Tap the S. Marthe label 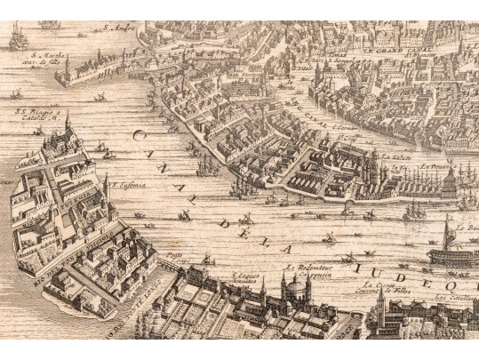pyautogui.click(x=38, y=57)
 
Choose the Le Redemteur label pyautogui.click(x=299, y=267)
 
